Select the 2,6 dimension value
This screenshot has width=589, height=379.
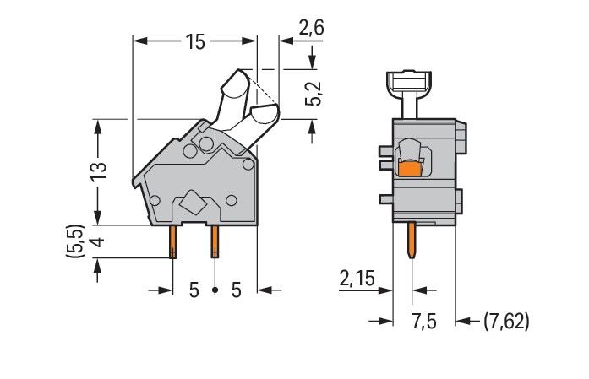[312, 28]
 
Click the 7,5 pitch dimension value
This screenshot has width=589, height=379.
[424, 321]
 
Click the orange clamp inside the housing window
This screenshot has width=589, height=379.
[411, 170]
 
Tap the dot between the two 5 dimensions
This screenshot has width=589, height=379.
[215, 290]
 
